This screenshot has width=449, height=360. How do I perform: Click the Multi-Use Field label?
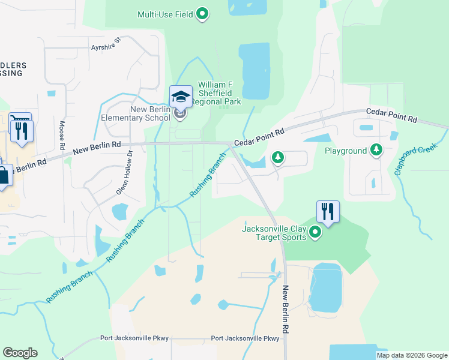pyautogui.click(x=165, y=14)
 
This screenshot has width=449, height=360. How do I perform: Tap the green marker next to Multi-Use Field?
pyautogui.click(x=203, y=13)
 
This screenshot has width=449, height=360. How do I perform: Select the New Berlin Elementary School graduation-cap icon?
pyautogui.click(x=180, y=96)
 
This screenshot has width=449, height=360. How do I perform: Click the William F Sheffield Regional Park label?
pyautogui.click(x=220, y=93)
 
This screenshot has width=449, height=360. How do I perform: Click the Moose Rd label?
pyautogui.click(x=62, y=135)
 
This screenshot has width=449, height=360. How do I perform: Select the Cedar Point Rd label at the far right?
pyautogui.click(x=391, y=116)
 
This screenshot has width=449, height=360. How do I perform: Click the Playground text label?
pyautogui.click(x=346, y=151)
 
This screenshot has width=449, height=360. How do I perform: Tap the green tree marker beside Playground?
pyautogui.click(x=376, y=149)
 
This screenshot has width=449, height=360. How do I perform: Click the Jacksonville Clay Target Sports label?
pyautogui.click(x=274, y=232)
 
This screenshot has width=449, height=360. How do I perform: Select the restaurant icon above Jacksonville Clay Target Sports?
pyautogui.click(x=328, y=212)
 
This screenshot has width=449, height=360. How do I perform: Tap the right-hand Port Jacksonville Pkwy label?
pyautogui.click(x=246, y=338)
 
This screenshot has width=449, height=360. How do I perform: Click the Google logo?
pyautogui.click(x=20, y=353)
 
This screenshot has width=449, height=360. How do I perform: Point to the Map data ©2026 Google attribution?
pyautogui.click(x=412, y=355)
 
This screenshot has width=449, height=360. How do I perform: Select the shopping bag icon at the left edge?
pyautogui.click(x=3, y=176)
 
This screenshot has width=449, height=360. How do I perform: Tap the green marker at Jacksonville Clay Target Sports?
pyautogui.click(x=314, y=232)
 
